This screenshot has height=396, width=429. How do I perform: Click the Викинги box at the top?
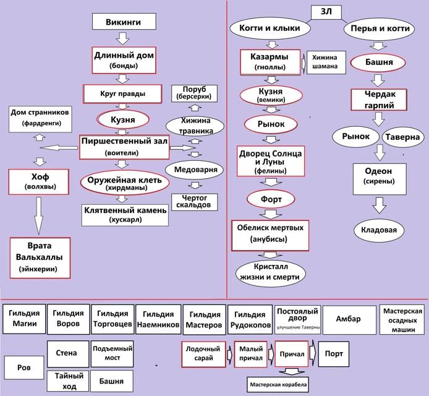coord(122,22)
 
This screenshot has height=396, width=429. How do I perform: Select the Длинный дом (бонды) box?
coord(122,59)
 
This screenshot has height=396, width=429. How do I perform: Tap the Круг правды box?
coord(122,93)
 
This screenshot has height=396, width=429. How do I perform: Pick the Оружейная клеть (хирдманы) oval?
coord(125,183)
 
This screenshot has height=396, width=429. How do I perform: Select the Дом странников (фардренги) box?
coord(40,117)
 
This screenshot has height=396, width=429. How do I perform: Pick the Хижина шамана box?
coord(325,62)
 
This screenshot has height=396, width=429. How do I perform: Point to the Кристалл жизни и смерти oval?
coord(270,271)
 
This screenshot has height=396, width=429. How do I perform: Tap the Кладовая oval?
coord(378,230)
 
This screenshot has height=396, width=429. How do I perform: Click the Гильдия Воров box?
coord(68,318)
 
